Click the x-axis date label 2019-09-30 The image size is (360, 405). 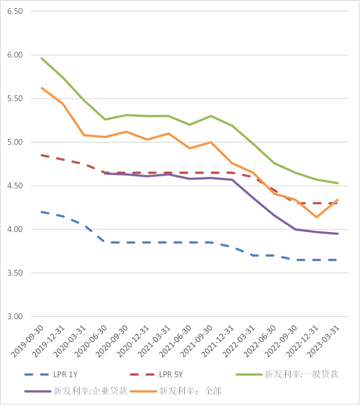point(28,341)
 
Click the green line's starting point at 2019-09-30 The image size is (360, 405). point(42,58)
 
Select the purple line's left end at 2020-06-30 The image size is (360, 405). point(105,174)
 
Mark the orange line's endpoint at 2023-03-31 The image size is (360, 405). point(338,200)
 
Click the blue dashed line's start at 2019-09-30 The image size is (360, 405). point(42,212)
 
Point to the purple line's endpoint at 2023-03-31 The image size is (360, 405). point(338,234)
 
